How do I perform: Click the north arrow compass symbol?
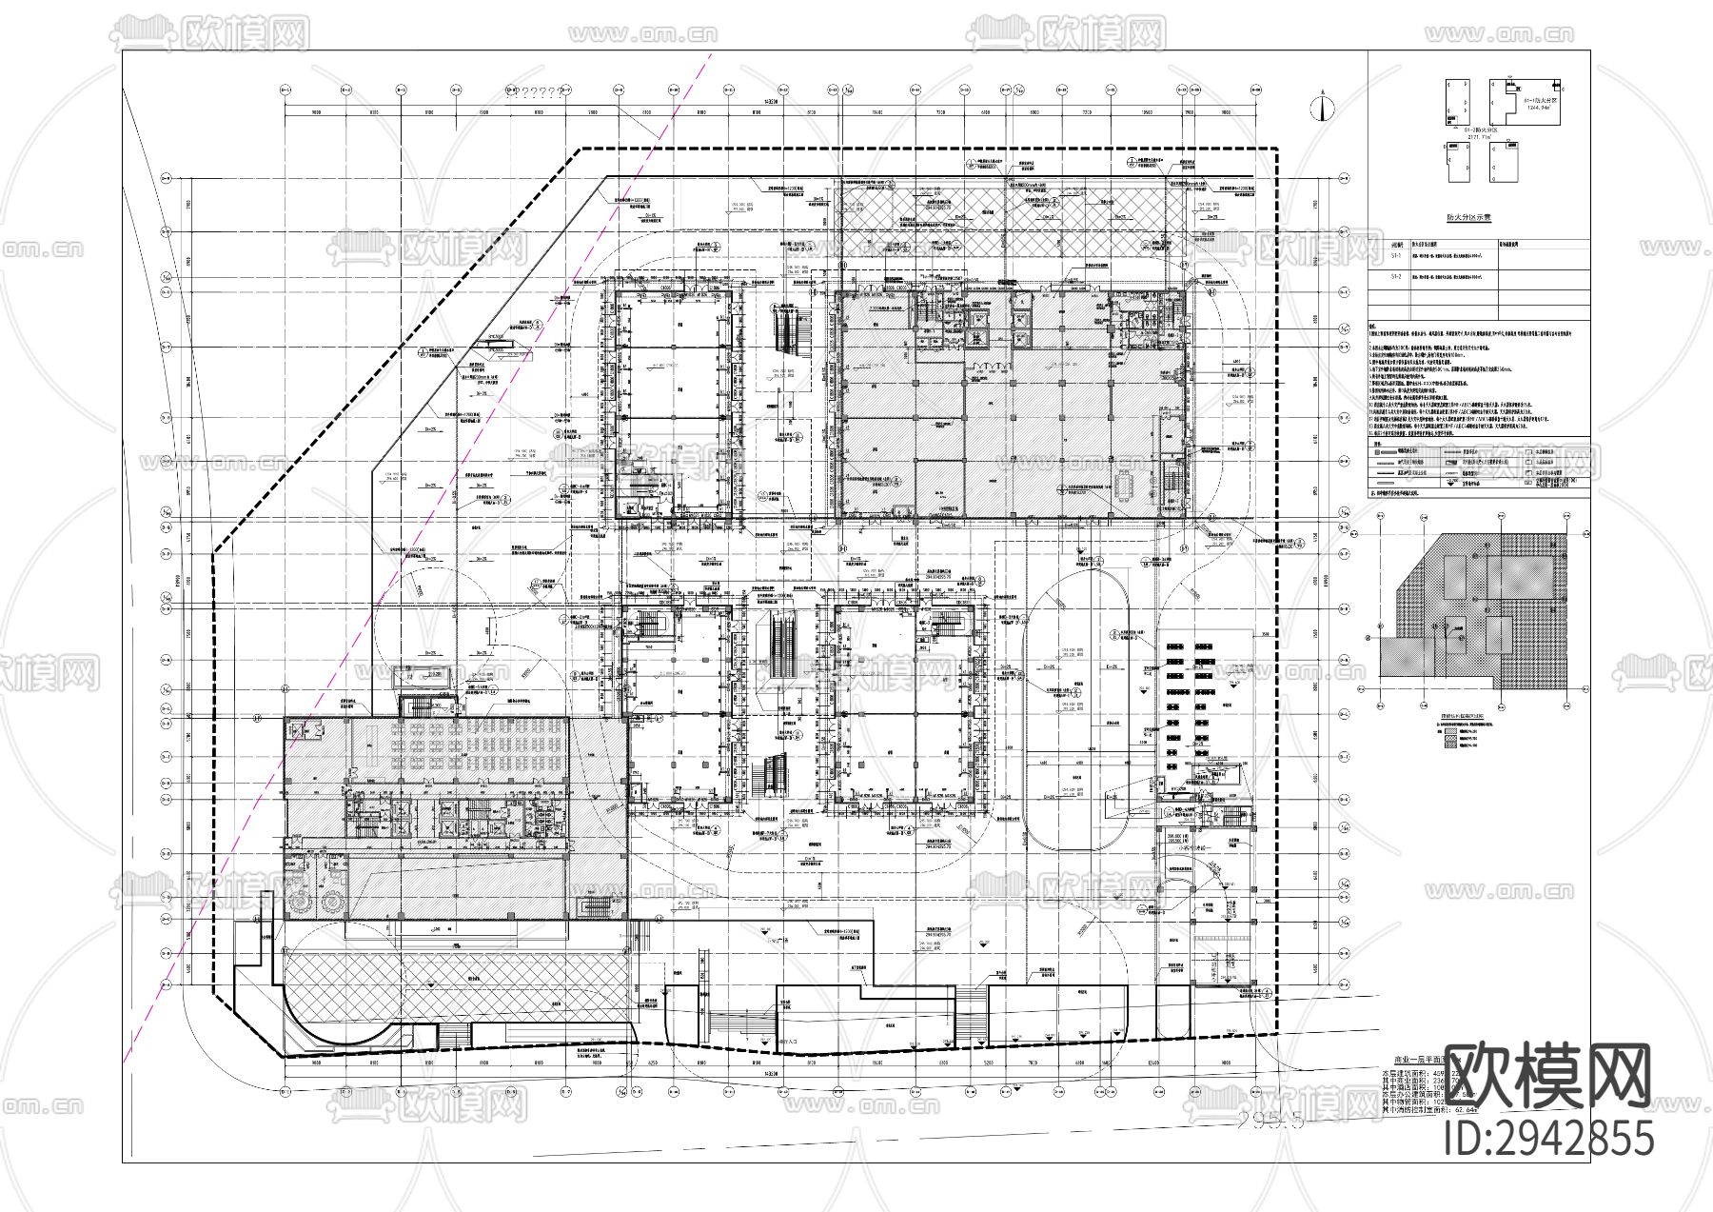point(1321,107)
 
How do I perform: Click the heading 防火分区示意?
point(1468,218)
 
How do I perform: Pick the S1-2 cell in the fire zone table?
point(1396,276)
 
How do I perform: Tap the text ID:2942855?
point(1548,1139)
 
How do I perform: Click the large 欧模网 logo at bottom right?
point(1548,1076)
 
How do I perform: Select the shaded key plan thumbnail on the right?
point(1481,609)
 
